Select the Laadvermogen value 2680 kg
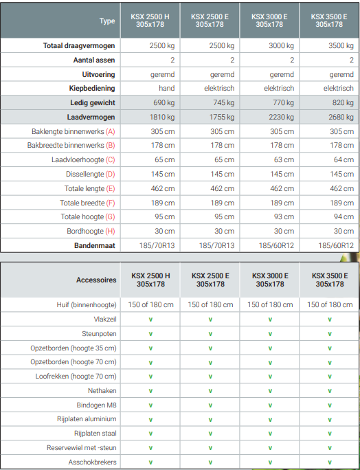point(341,117)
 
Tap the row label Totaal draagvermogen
point(79,46)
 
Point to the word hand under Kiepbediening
point(167,88)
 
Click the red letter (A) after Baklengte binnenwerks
point(111,132)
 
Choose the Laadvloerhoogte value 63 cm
point(284,159)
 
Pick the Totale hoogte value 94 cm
point(344,216)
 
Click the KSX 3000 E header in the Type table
point(269,21)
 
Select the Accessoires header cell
point(96,280)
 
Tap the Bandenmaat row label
point(95,246)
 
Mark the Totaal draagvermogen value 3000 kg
point(281,46)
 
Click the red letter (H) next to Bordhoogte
point(111,232)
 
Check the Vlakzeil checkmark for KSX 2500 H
point(150,320)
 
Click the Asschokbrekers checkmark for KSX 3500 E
point(330,462)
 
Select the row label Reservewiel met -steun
point(82,448)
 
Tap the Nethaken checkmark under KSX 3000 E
point(270,391)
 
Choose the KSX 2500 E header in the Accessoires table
point(210,280)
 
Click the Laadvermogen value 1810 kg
point(162,117)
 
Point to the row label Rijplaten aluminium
point(87,419)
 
